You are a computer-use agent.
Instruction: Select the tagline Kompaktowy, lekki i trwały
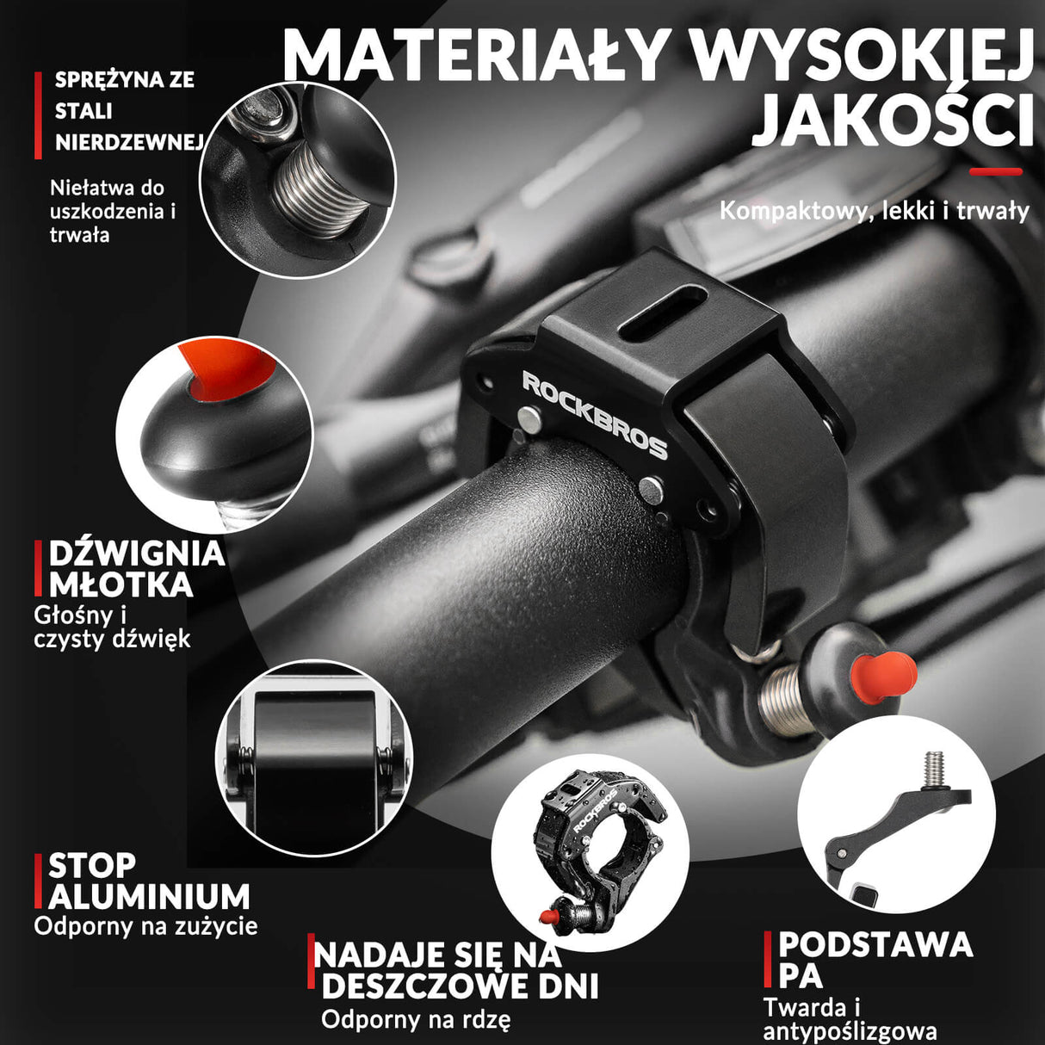coord(874,211)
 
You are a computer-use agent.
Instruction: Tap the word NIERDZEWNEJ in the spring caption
coord(128,143)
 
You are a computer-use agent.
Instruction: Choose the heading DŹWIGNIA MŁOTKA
coord(136,569)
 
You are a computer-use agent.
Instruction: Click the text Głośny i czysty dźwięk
coord(112,627)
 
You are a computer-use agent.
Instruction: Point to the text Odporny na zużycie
coord(145,927)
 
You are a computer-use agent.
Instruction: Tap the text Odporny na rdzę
coord(416,1020)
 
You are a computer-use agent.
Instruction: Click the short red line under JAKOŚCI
coord(996,172)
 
